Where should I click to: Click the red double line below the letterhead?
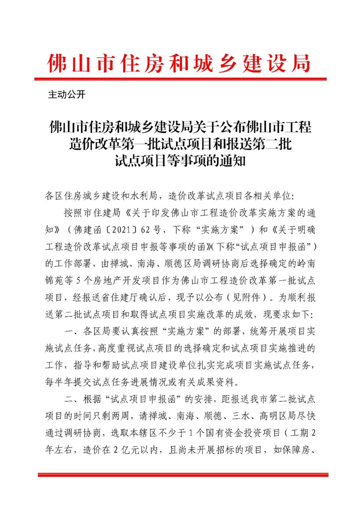point(180,78)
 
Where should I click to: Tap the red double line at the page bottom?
point(180,474)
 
